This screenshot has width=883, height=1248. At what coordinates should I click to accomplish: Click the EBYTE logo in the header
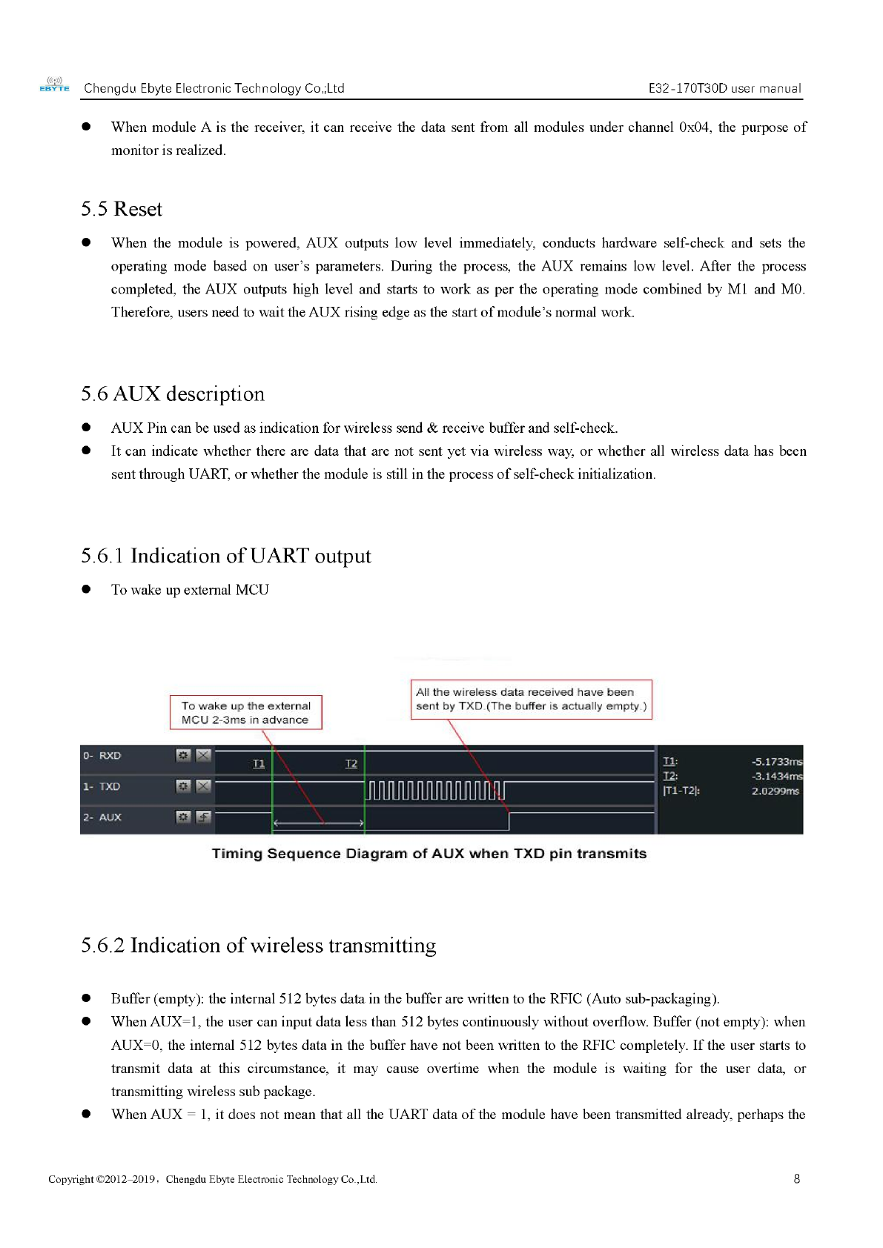pyautogui.click(x=54, y=85)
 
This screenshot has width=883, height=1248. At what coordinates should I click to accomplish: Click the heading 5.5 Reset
pyautogui.click(x=122, y=209)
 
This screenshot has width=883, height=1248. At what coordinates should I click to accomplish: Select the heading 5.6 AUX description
pyautogui.click(x=173, y=394)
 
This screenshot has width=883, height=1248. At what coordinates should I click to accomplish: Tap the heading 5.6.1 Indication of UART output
pyautogui.click(x=226, y=556)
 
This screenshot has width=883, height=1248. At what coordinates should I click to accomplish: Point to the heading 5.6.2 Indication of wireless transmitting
pyautogui.click(x=259, y=946)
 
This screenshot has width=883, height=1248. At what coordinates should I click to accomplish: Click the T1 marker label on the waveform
pyautogui.click(x=259, y=764)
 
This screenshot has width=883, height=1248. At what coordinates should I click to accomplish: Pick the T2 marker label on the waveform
pyautogui.click(x=351, y=764)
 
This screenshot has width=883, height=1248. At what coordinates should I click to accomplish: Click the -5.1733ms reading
pyautogui.click(x=776, y=762)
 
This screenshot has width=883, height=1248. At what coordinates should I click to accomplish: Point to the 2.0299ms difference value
pyautogui.click(x=775, y=791)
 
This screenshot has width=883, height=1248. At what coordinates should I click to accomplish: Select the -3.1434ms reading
pyautogui.click(x=776, y=777)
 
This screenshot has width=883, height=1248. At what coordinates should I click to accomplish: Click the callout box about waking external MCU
pyautogui.click(x=246, y=712)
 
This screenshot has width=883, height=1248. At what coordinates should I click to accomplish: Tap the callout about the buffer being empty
pyautogui.click(x=531, y=699)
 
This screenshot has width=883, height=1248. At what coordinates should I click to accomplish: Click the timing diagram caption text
pyautogui.click(x=429, y=854)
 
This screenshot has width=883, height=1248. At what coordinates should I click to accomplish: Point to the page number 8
pyautogui.click(x=797, y=1179)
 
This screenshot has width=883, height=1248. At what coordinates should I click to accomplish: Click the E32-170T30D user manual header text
pyautogui.click(x=724, y=88)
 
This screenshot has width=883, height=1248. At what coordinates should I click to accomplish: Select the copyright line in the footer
pyautogui.click(x=213, y=1179)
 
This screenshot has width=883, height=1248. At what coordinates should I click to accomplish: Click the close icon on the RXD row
pyautogui.click(x=204, y=755)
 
